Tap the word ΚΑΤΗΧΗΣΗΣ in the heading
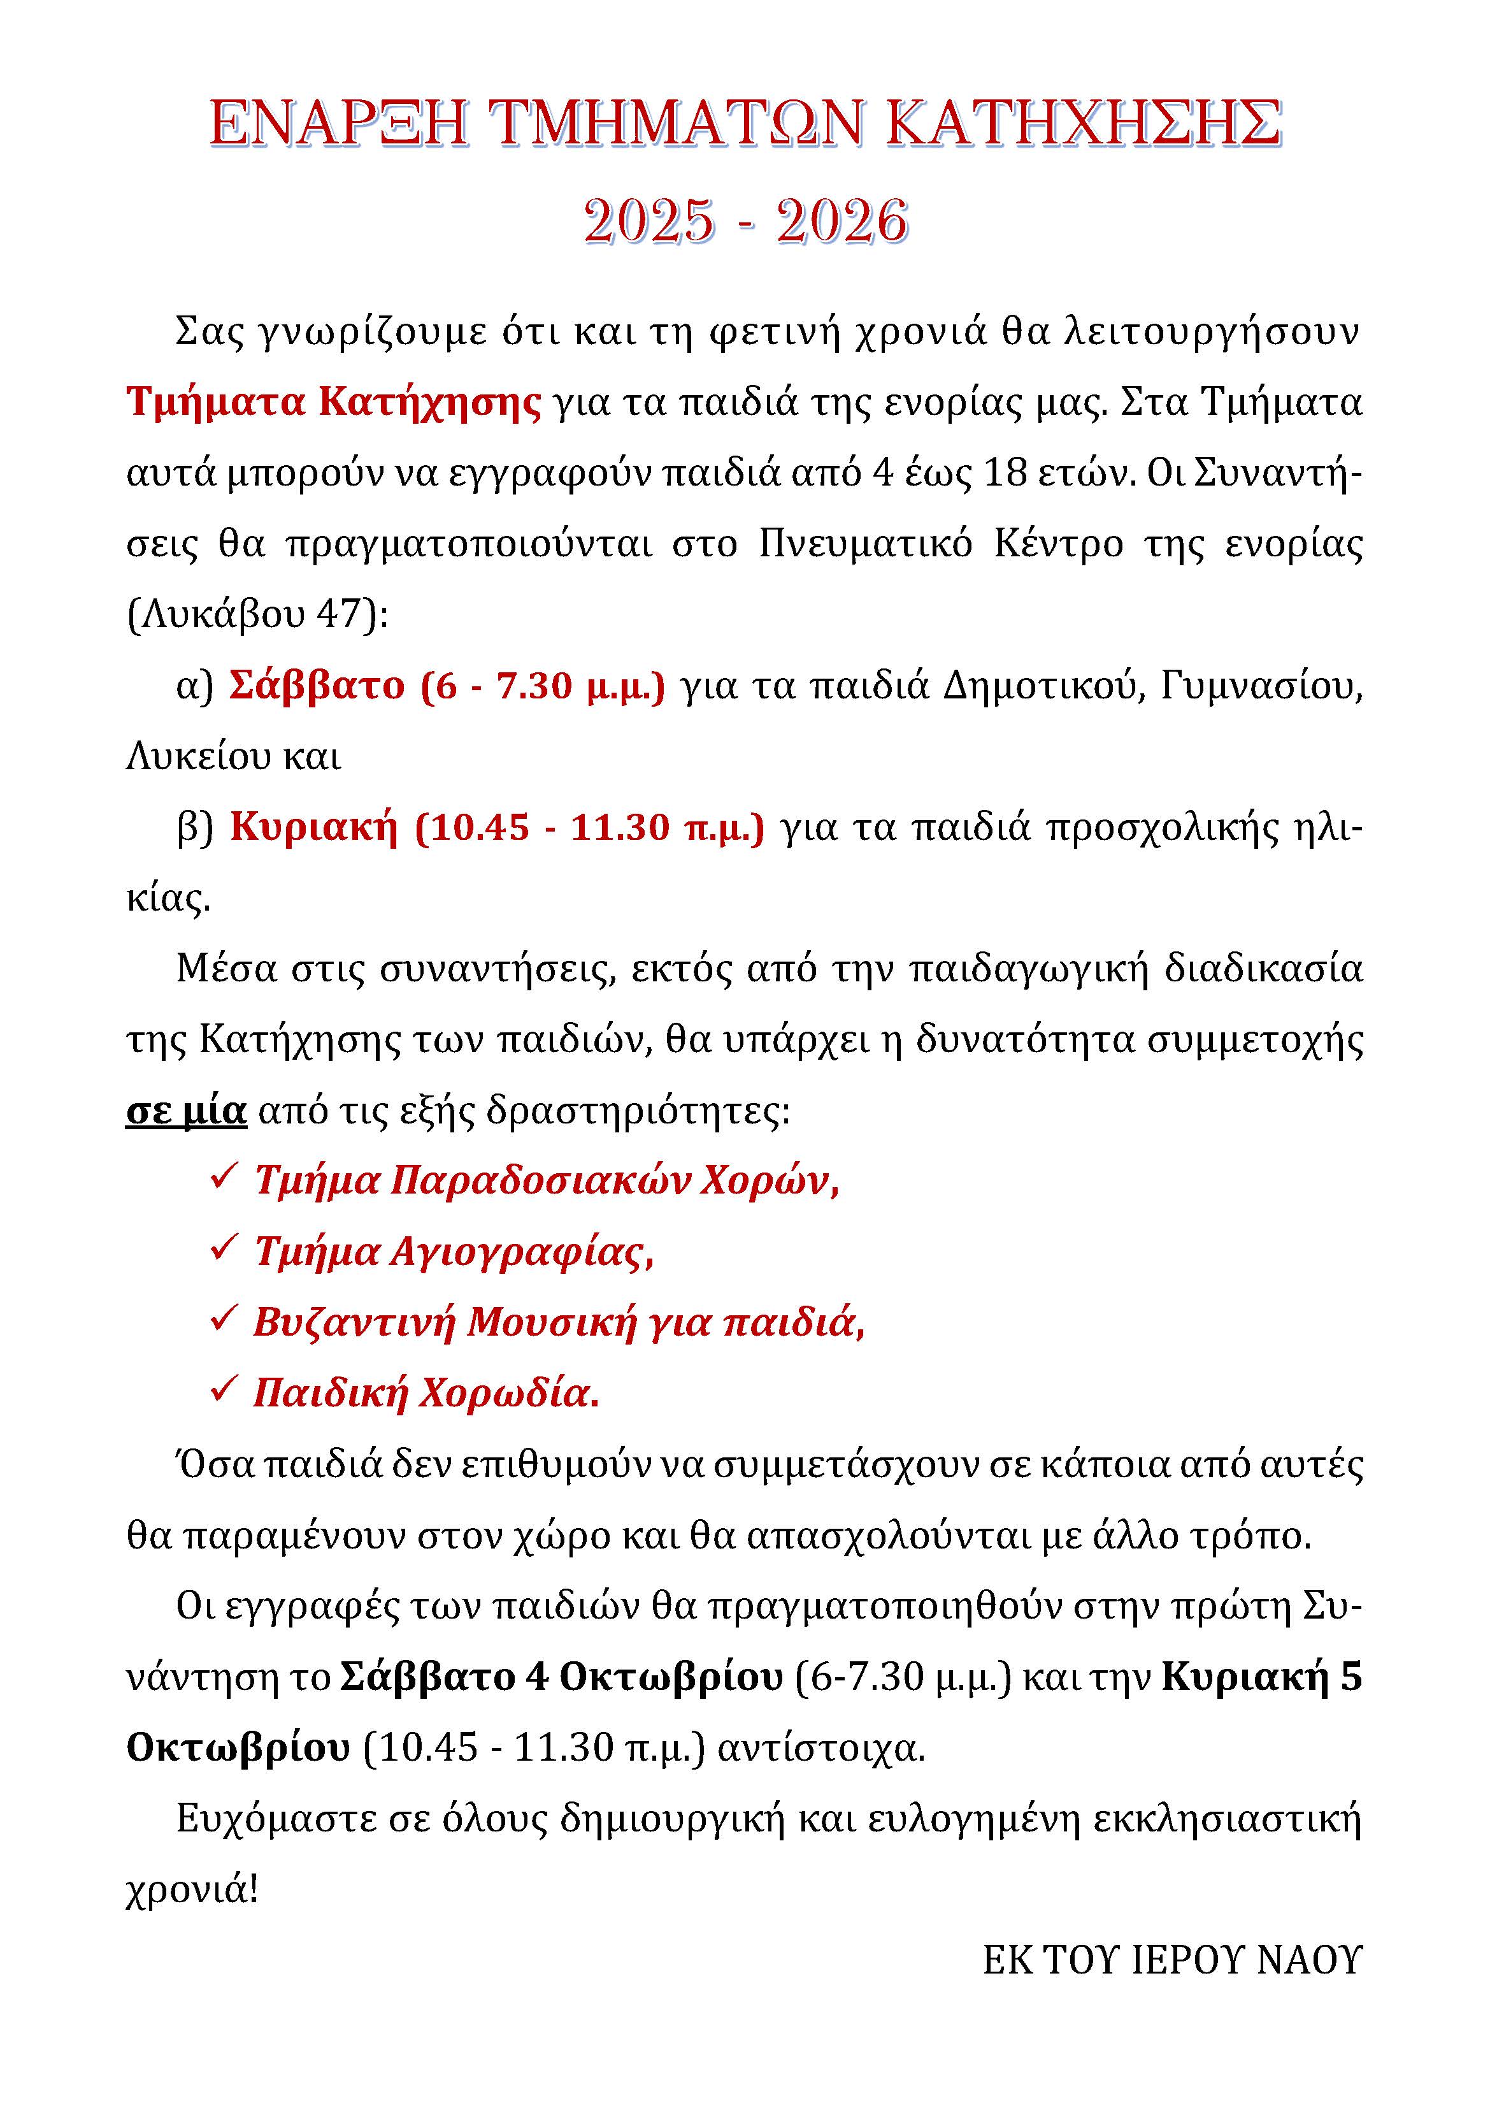pos(1084,124)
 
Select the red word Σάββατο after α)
pos(317,686)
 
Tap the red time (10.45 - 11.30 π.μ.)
pos(589,827)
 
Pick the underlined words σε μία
pos(187,1111)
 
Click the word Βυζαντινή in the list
pos(354,1322)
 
